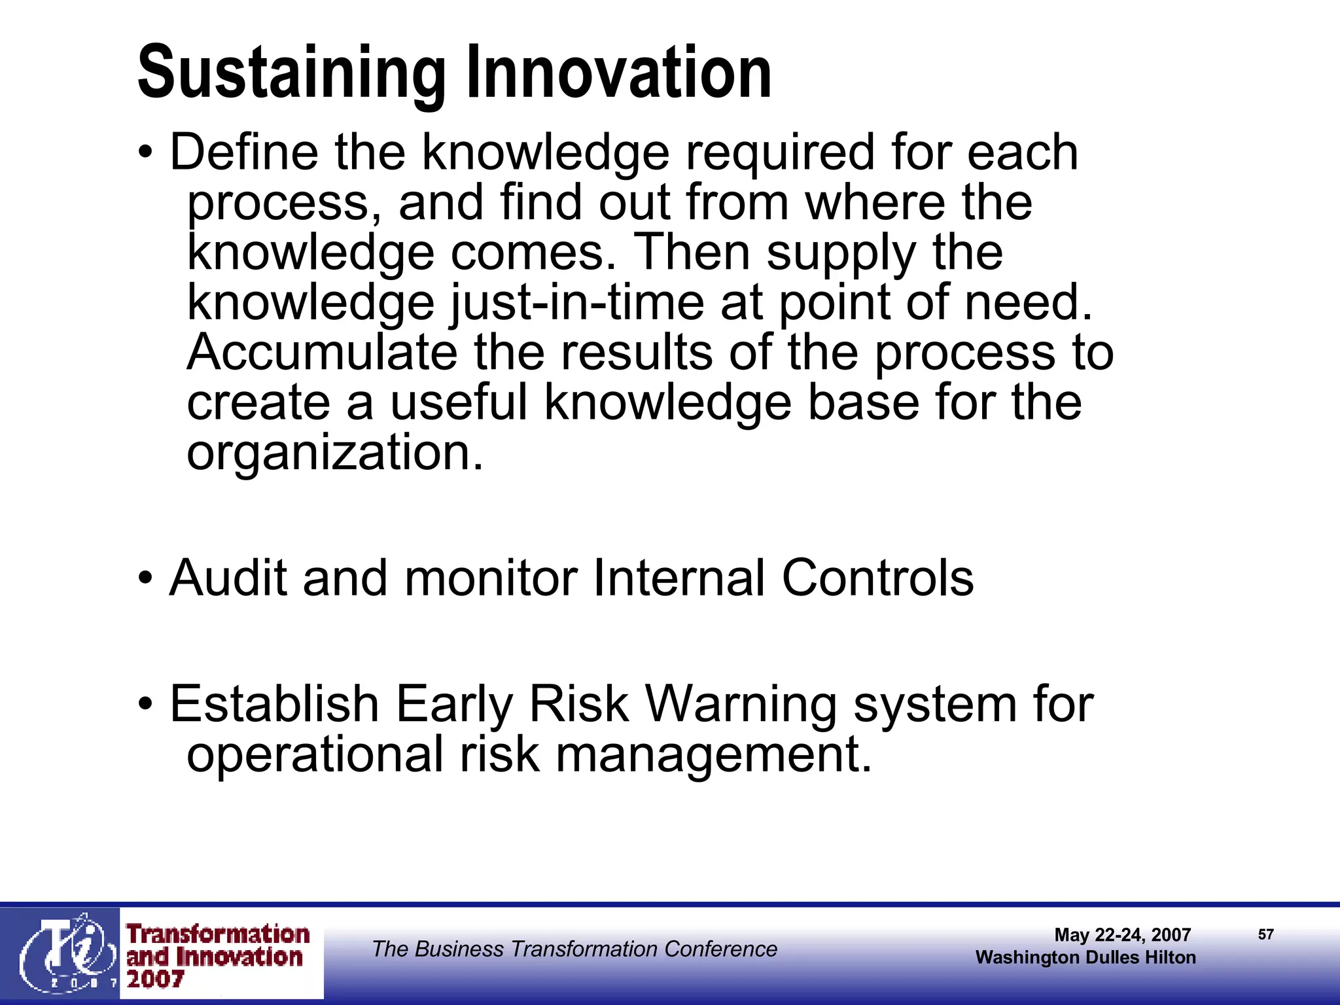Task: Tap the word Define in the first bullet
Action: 244,152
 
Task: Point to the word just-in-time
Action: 576,304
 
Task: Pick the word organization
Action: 334,453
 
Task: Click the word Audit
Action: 228,578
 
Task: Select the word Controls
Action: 877,578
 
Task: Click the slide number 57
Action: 1265,934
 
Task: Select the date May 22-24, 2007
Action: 1122,934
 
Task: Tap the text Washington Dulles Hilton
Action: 1085,957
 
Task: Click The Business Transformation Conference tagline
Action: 574,949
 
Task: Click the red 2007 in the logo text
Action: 155,979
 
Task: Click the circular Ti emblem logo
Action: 65,953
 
